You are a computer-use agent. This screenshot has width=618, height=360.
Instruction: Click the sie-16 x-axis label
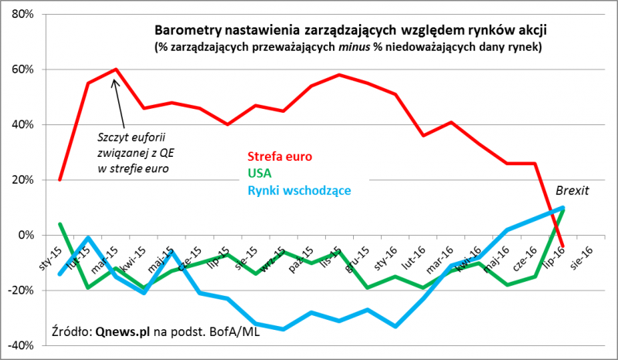(580, 256)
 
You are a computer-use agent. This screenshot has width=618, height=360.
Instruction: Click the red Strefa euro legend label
(280, 156)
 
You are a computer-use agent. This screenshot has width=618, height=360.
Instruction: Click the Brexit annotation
(572, 189)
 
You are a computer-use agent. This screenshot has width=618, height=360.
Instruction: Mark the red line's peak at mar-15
(115, 70)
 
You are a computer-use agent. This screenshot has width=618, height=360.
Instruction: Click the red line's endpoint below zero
(562, 246)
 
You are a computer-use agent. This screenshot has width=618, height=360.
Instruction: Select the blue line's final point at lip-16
(562, 208)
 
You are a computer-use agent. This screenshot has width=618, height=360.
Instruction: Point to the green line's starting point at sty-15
(60, 224)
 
